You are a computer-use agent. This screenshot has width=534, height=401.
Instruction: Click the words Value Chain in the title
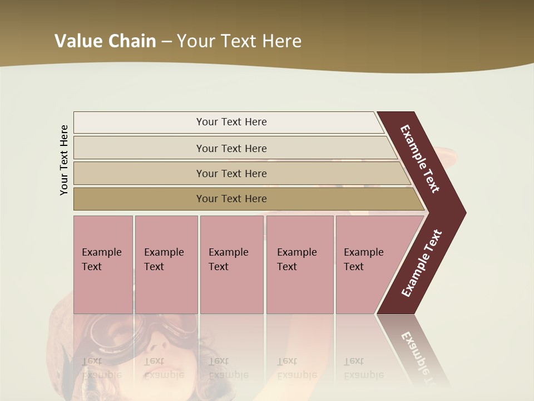point(105,41)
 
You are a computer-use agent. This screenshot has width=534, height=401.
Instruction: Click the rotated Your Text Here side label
point(64,160)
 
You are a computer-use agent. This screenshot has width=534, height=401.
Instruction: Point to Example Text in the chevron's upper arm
point(420,159)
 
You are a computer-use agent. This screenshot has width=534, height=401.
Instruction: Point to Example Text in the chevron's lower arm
point(421,263)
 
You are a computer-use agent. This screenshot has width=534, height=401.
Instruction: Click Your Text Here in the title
point(239,41)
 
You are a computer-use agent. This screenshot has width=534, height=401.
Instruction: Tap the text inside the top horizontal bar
point(231,122)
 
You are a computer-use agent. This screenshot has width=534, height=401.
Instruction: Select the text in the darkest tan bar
point(231,199)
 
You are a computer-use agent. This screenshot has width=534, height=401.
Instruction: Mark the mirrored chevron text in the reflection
point(418,356)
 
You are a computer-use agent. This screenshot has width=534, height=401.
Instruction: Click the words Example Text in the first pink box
point(101,260)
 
